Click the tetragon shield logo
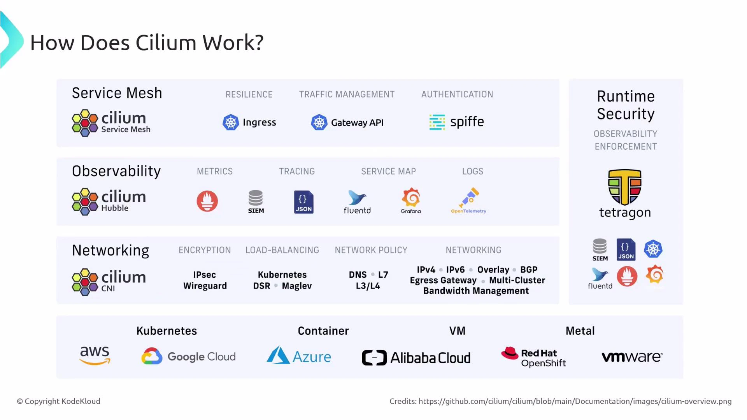point(625,187)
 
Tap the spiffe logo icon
point(437,122)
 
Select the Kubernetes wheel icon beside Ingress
point(231,122)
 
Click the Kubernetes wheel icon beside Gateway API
point(319,122)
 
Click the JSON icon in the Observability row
point(304,202)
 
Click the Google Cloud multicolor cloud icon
point(152,356)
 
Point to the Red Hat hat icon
point(510,353)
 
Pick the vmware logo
point(632,357)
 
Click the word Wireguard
point(205,286)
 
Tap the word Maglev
point(297,286)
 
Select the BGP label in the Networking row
point(529,269)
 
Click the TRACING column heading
point(297,171)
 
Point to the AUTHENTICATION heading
point(457,94)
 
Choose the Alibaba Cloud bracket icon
point(374,358)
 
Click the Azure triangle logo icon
point(278,355)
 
